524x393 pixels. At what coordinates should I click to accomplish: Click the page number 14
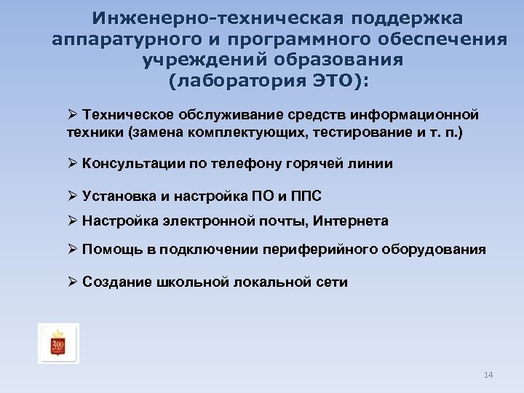(x=488, y=375)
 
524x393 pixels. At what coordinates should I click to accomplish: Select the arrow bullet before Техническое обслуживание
(x=71, y=114)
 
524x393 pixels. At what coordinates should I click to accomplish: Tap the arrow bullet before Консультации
(x=71, y=164)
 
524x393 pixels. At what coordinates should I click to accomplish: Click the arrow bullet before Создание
(x=71, y=282)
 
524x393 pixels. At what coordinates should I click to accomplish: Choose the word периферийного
(x=323, y=249)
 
